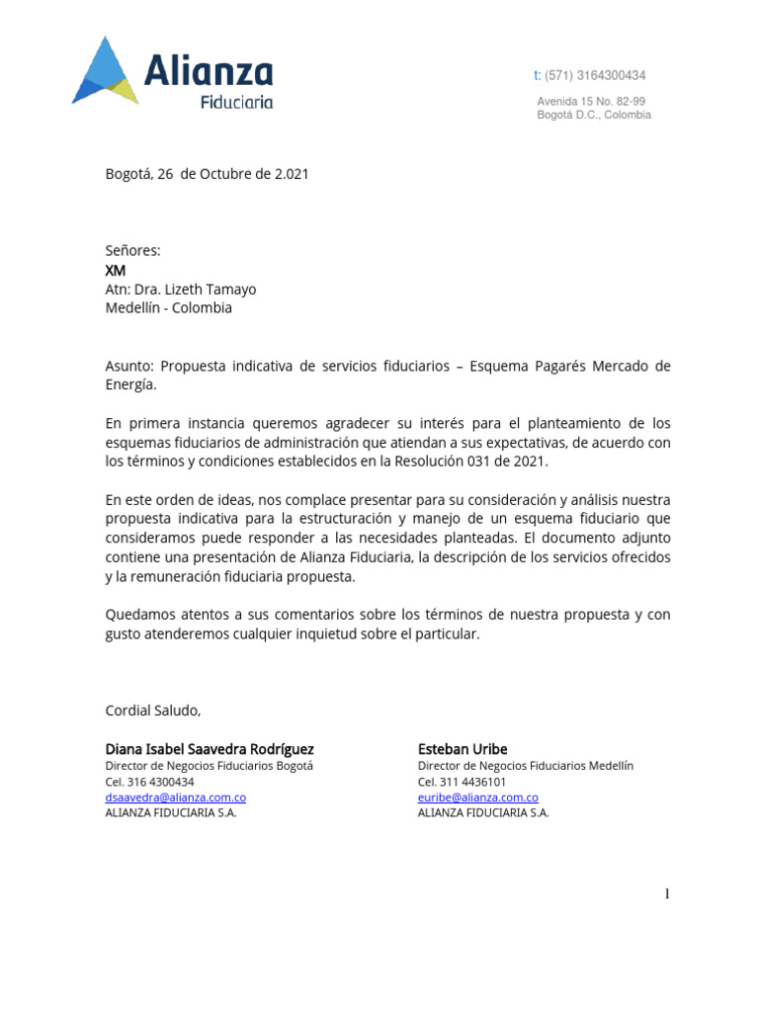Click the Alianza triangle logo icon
105,71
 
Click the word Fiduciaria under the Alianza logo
237,101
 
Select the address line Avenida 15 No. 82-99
591,101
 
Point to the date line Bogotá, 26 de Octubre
207,174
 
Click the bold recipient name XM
116,270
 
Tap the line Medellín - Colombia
169,307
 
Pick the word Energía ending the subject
130,384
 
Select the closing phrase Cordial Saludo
152,710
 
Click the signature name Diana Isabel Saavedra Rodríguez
210,749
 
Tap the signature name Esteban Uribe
463,749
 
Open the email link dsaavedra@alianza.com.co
176,798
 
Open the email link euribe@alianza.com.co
477,798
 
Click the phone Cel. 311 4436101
462,782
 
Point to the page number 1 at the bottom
667,894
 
